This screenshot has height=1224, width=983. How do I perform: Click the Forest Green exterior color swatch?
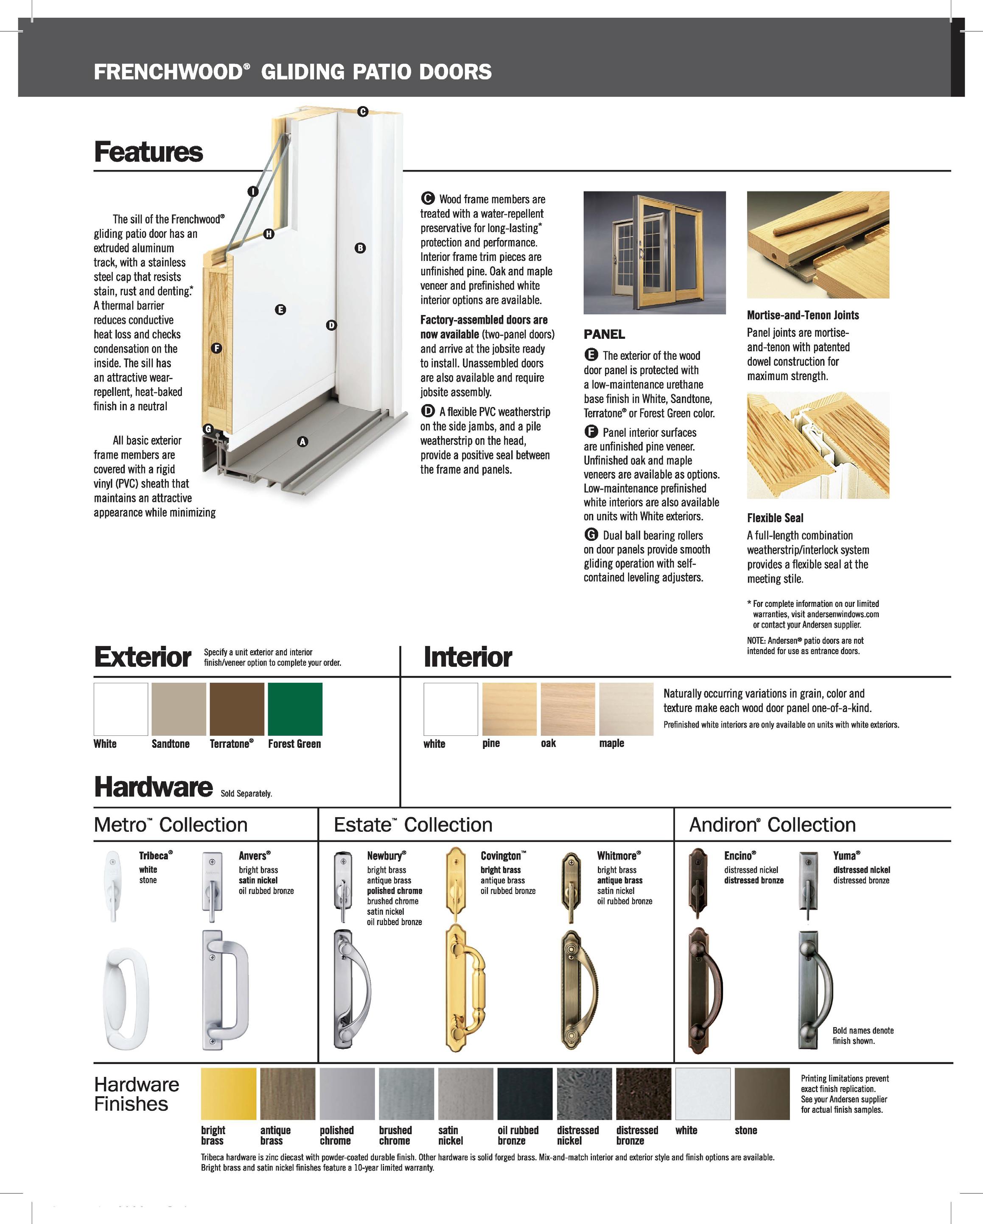click(295, 709)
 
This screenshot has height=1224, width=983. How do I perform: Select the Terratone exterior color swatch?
click(237, 709)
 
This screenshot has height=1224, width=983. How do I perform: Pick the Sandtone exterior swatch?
click(178, 709)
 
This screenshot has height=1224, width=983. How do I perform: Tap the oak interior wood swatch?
click(567, 709)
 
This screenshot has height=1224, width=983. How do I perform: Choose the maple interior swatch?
click(626, 709)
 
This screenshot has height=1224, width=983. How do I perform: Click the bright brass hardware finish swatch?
click(228, 1093)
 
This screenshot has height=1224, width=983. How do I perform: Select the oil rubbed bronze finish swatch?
click(524, 1093)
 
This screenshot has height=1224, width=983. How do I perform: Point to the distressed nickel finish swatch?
click(584, 1093)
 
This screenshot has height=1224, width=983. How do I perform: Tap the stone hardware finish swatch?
click(762, 1093)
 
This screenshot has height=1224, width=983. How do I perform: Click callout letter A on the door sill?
click(302, 442)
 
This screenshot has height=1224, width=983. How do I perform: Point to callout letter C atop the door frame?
click(362, 112)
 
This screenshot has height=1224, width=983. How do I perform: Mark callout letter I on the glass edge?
click(253, 191)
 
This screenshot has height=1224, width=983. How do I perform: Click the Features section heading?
click(148, 152)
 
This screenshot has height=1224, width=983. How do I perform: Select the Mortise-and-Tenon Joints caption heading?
click(802, 315)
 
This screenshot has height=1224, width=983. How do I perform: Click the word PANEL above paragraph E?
click(604, 334)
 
